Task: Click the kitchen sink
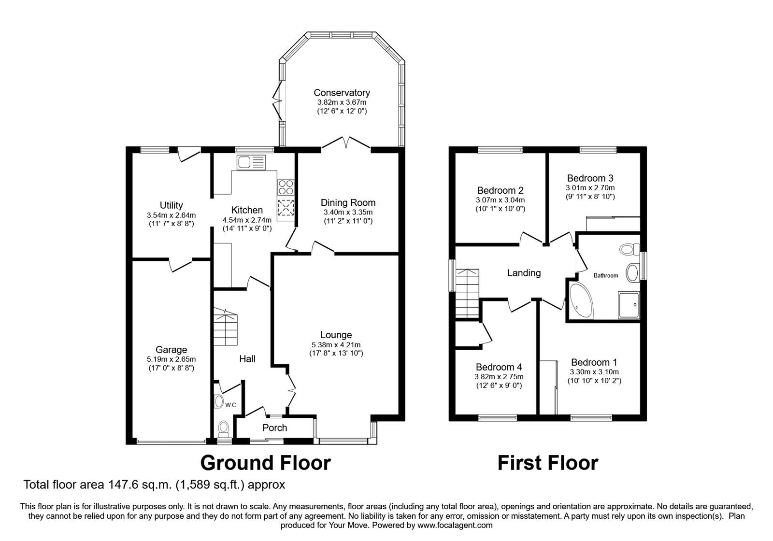pos(251,162)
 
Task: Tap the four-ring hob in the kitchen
pos(286,187)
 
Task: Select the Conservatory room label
pos(342,92)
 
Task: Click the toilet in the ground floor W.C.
pos(224,428)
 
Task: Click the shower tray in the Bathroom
pos(629,305)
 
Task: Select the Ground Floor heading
pos(265,463)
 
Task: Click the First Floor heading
pos(548,463)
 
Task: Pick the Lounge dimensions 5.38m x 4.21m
pos(336,344)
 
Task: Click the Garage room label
pos(171,350)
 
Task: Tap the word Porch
pos(275,428)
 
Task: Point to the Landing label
pos(524,273)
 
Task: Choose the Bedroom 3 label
pos(590,178)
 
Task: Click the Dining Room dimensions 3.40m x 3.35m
pos(348,212)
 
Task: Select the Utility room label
pos(171,205)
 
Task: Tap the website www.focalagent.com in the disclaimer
pos(455,526)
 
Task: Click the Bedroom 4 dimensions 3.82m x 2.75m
pos(499,377)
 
